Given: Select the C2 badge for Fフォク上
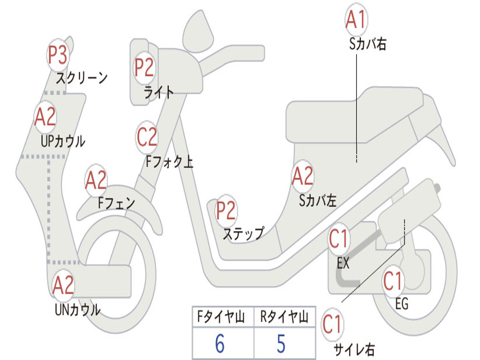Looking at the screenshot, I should [x=147, y=137].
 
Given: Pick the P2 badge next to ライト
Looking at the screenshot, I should [x=144, y=67].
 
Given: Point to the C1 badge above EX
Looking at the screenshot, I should [x=339, y=239].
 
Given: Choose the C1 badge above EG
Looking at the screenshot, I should [x=393, y=281].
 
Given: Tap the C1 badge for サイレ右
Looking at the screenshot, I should [x=332, y=325].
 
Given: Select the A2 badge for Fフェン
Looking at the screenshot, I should [x=96, y=181].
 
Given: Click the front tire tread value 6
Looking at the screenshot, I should [x=219, y=344].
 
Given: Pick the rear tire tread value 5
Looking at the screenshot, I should [x=281, y=344].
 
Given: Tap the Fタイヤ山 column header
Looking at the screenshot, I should [x=222, y=318].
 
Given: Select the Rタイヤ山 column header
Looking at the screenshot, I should [x=284, y=318].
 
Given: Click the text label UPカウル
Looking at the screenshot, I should [x=63, y=141].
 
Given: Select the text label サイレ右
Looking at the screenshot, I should [x=354, y=349].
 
